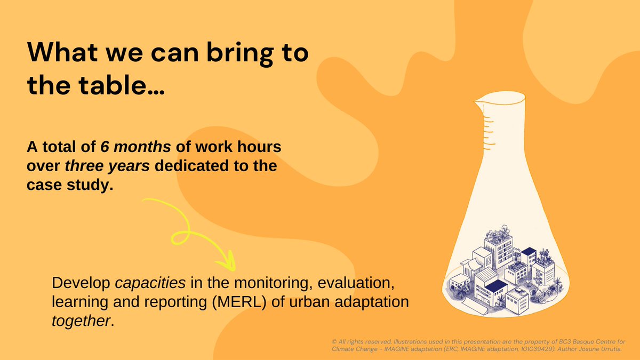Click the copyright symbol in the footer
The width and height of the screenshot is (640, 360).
(x=333, y=340)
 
